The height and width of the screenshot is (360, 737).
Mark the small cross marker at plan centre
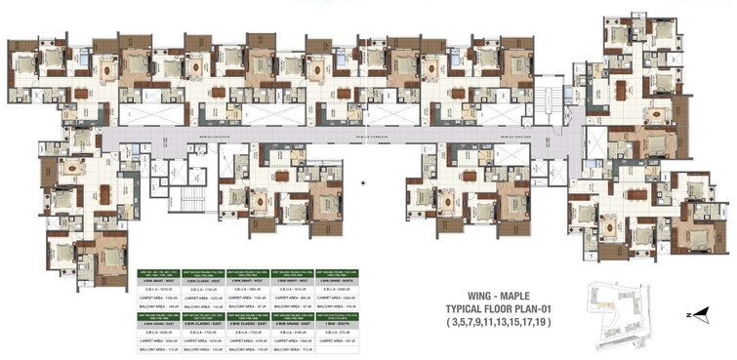[363, 181]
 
